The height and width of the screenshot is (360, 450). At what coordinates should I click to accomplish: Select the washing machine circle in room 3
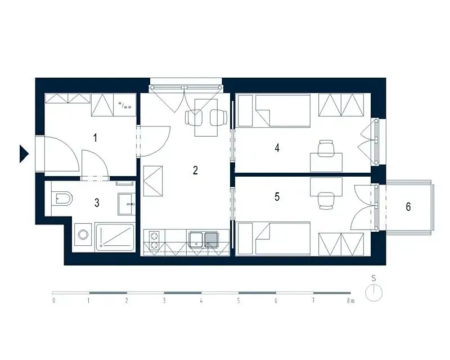(83, 234)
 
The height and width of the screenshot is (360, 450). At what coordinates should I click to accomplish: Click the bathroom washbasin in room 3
(127, 204)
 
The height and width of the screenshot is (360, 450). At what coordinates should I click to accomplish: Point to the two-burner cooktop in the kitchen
(154, 241)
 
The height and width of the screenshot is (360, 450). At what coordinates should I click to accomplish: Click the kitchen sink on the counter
(204, 240)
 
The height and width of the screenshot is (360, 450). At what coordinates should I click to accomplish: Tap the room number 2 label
(195, 170)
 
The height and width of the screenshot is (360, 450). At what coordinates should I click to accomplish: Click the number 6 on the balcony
(408, 206)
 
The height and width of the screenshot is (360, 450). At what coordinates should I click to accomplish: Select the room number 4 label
(277, 148)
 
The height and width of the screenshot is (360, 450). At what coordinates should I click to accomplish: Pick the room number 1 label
(95, 138)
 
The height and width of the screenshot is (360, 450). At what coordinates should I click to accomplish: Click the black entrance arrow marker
(24, 154)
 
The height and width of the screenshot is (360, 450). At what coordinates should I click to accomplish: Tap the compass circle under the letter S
(373, 293)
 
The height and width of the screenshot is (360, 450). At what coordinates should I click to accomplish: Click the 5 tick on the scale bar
(238, 300)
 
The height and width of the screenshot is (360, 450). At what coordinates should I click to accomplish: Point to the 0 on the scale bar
(53, 300)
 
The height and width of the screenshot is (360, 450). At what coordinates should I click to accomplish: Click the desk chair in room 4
(326, 148)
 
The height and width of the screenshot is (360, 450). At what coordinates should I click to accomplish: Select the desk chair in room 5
(326, 200)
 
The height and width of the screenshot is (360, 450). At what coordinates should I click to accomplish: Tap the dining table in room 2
(206, 118)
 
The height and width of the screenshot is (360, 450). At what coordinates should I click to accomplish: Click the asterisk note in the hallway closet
(125, 106)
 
